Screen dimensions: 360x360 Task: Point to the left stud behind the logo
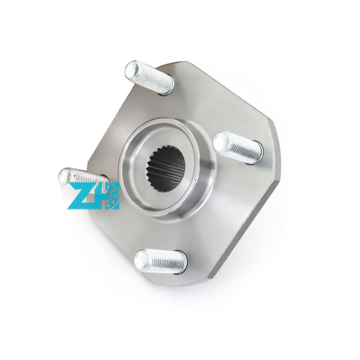83,178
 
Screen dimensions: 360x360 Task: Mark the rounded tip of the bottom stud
142,260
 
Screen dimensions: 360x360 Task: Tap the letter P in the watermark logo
108,195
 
